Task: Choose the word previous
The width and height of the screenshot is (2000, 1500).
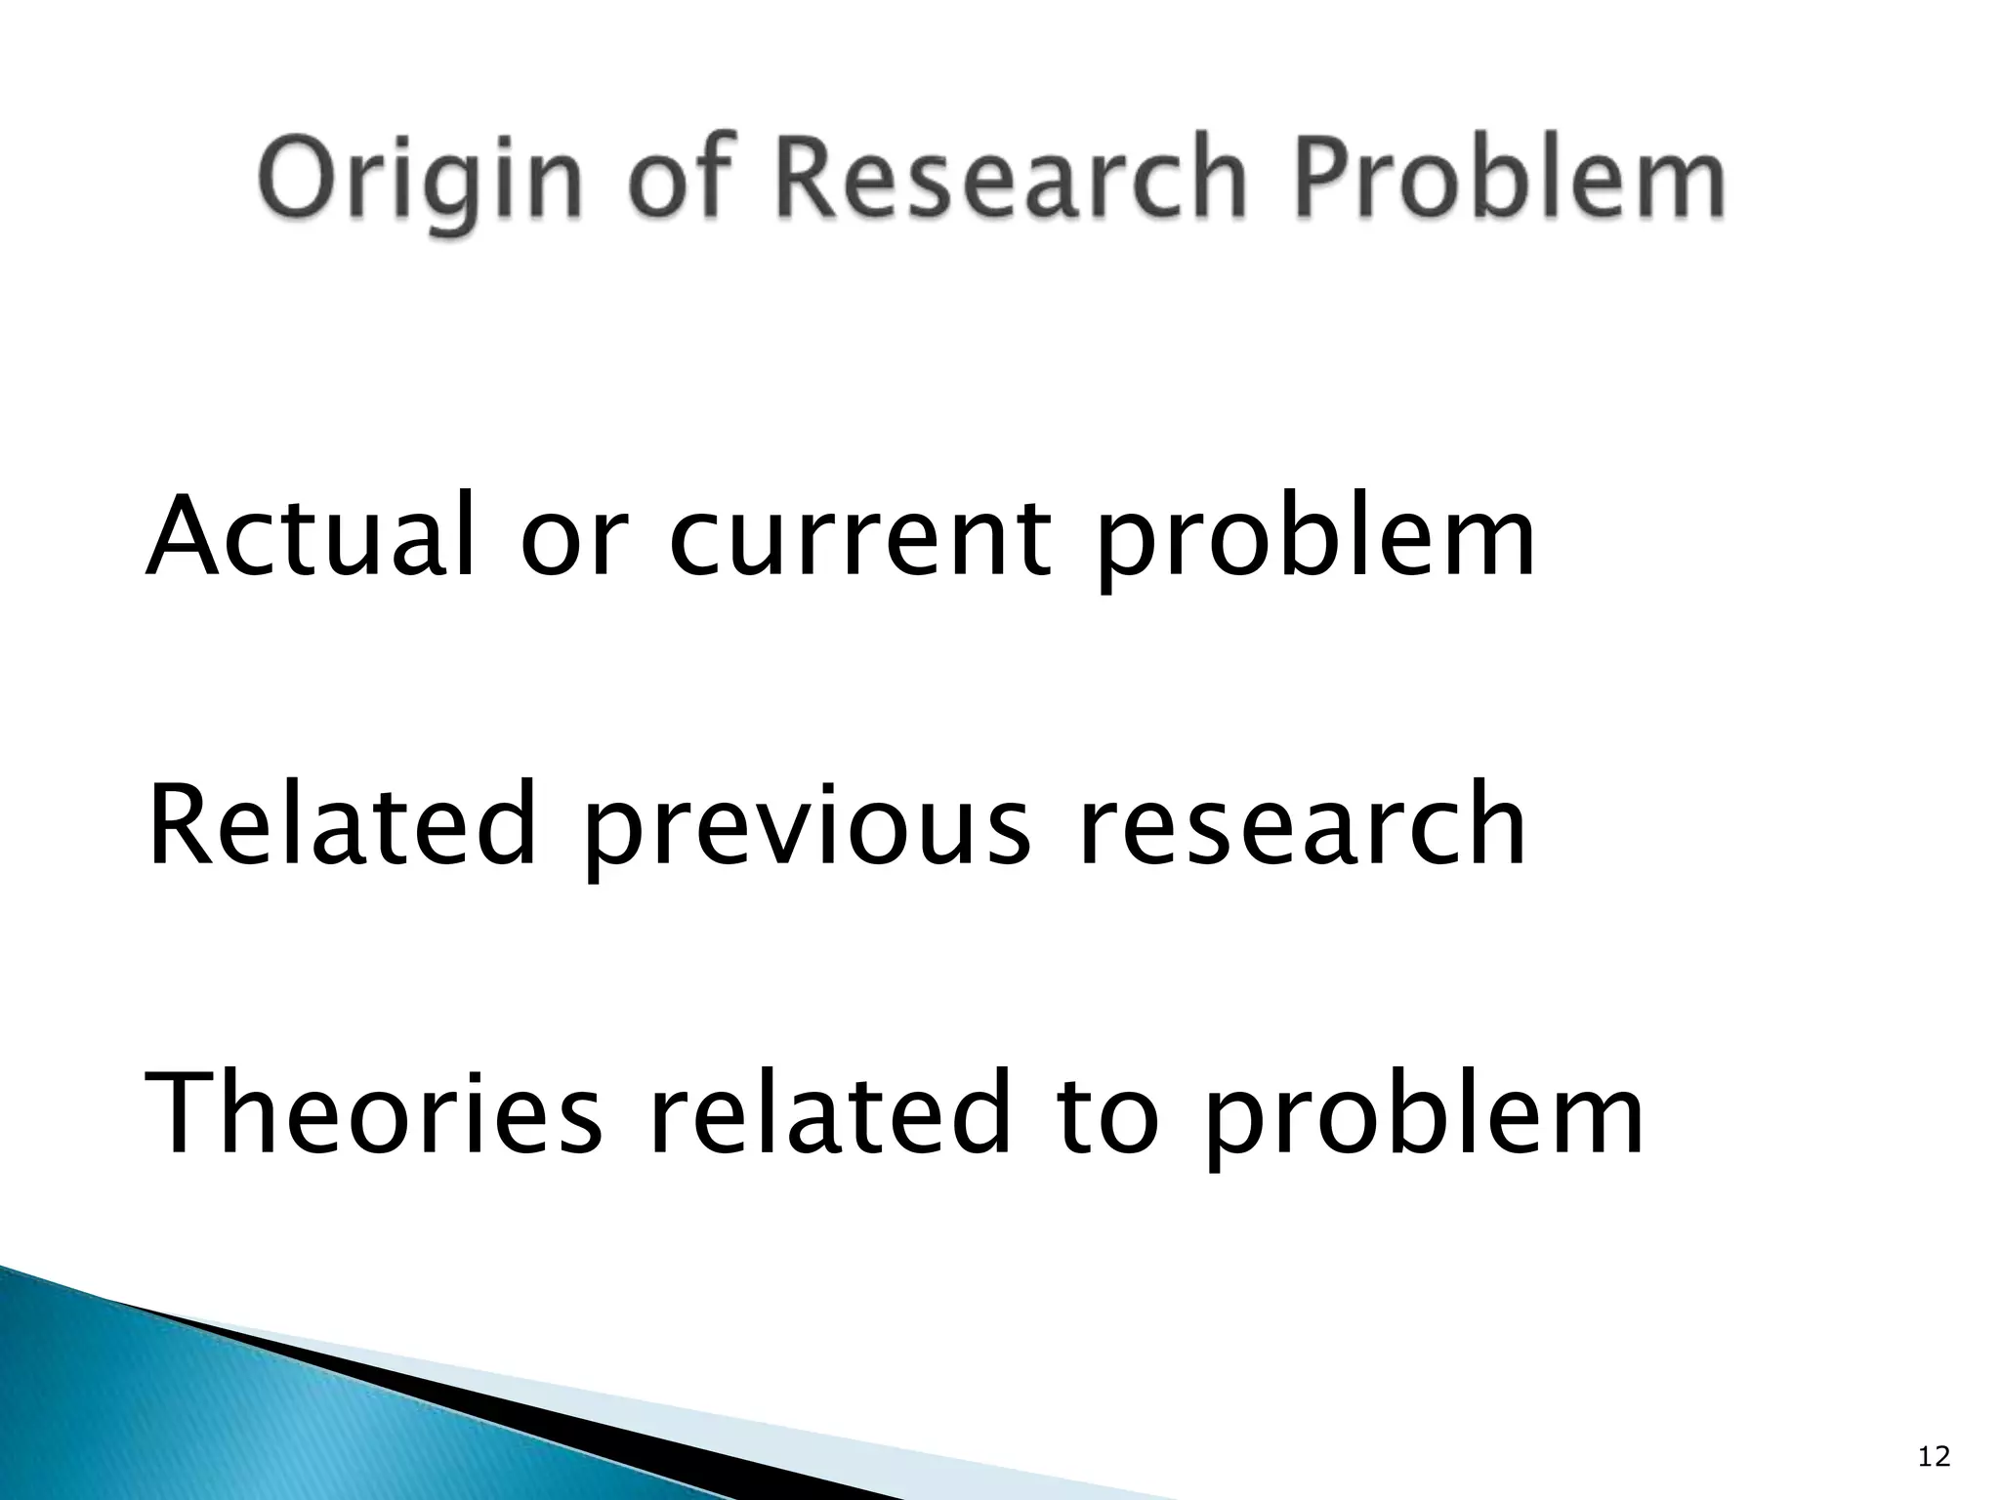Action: (805, 830)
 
